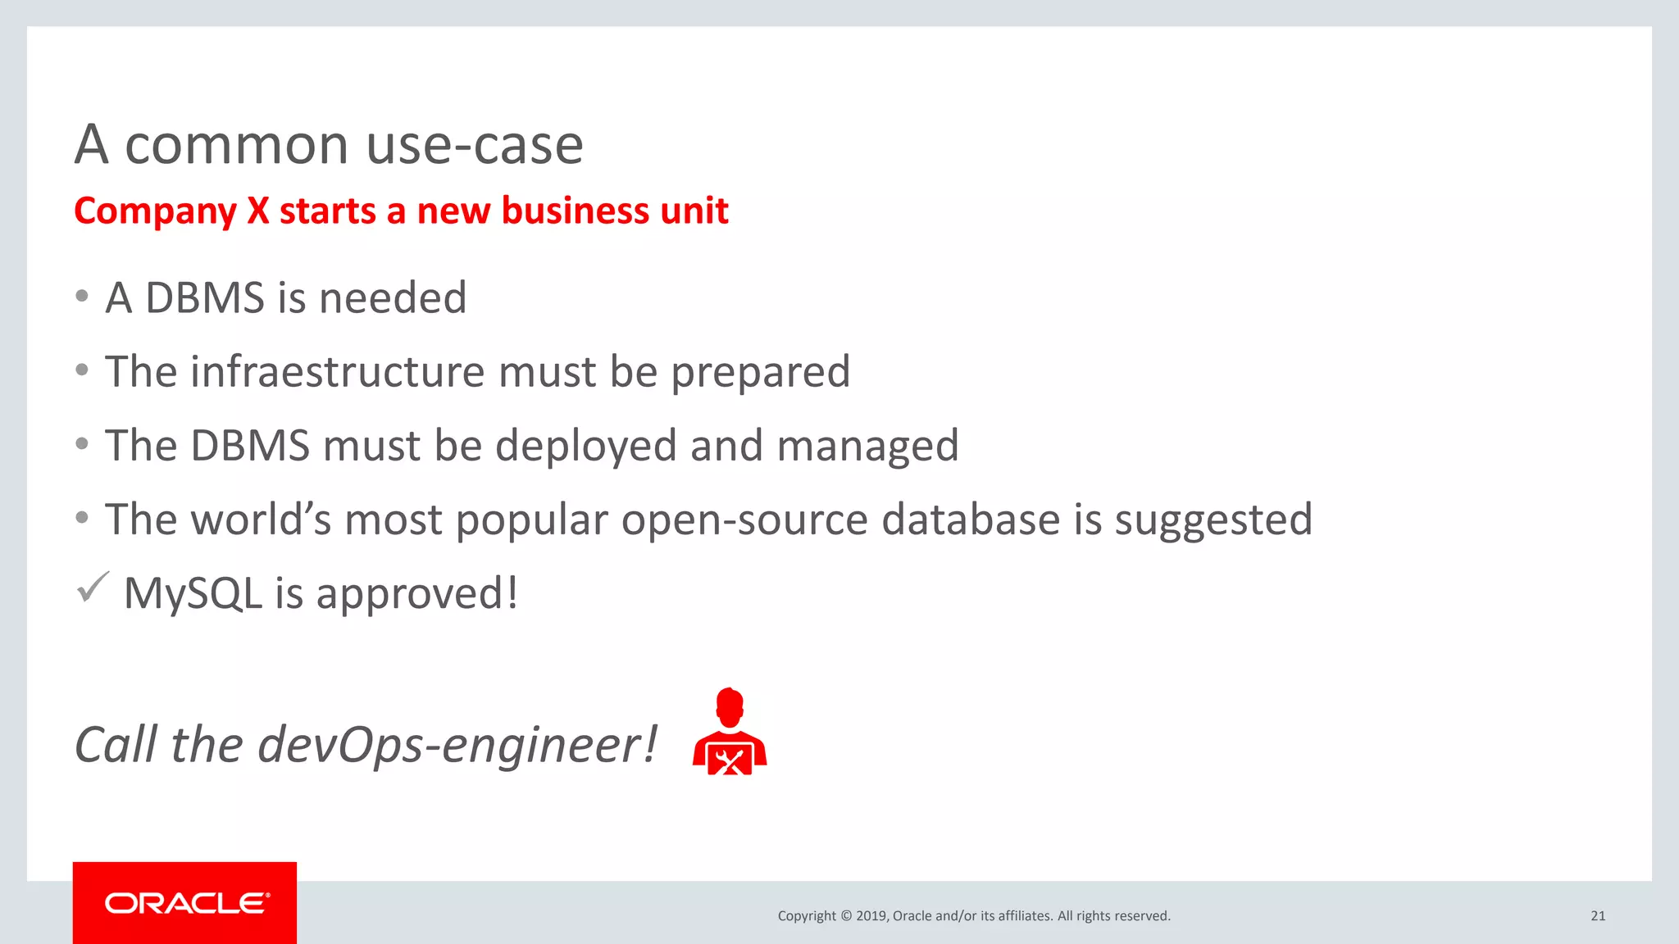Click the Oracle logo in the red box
pos(186,903)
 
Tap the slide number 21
pos(1598,916)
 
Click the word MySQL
pos(193,593)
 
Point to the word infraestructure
pos(338,372)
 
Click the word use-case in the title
pos(475,145)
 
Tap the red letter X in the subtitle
pos(258,211)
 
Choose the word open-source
pos(744,520)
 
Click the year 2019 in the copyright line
pos(871,916)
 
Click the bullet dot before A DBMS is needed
pos(82,297)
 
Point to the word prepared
pos(760,373)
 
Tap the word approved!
pos(417,594)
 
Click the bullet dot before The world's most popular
pos(82,518)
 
